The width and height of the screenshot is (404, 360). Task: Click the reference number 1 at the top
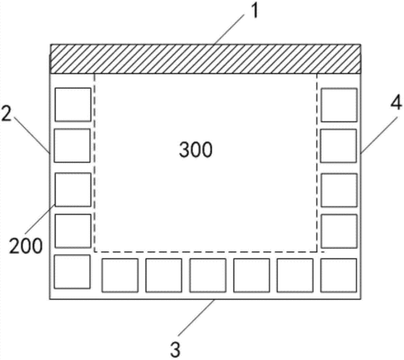(x=255, y=11)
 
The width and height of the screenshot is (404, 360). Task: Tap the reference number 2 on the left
(x=6, y=114)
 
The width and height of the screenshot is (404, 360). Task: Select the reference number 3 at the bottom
(x=175, y=350)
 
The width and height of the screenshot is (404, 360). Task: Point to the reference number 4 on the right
(x=396, y=103)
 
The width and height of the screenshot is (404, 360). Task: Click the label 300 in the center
(x=196, y=150)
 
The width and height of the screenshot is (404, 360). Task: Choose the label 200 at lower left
(x=26, y=246)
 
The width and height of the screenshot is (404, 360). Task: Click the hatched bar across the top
(x=206, y=59)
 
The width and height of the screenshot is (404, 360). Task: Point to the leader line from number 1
(x=229, y=30)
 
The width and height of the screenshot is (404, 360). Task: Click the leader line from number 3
(x=197, y=318)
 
